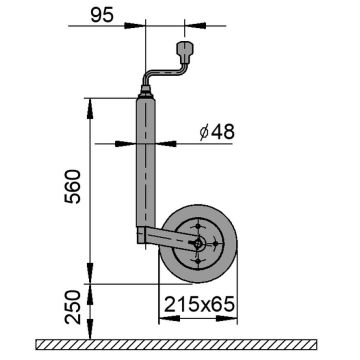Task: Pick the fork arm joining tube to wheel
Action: pyautogui.click(x=165, y=237)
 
